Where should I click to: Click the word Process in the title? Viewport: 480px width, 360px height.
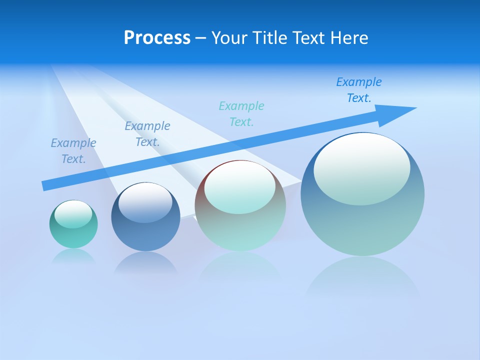click(157, 38)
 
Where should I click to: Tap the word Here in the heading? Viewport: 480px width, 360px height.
click(348, 38)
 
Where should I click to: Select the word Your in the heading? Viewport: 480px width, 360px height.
click(228, 38)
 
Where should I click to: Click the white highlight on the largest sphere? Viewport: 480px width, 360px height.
click(361, 169)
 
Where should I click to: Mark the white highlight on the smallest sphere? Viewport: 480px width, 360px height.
click(73, 214)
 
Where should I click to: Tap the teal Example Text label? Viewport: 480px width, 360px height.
click(241, 114)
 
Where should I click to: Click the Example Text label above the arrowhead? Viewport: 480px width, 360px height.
click(359, 90)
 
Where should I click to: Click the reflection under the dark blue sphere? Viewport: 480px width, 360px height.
click(145, 262)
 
